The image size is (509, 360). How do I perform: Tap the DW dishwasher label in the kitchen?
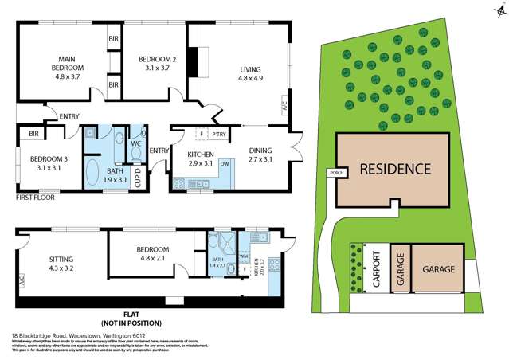pyautogui.click(x=225, y=164)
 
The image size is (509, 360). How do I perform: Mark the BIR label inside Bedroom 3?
pyautogui.click(x=33, y=134)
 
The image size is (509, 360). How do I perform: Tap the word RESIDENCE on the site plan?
pyautogui.click(x=395, y=169)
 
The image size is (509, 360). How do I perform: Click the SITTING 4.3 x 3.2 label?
pyautogui.click(x=61, y=264)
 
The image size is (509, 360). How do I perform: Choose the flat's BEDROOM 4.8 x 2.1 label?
pyautogui.click(x=151, y=254)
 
